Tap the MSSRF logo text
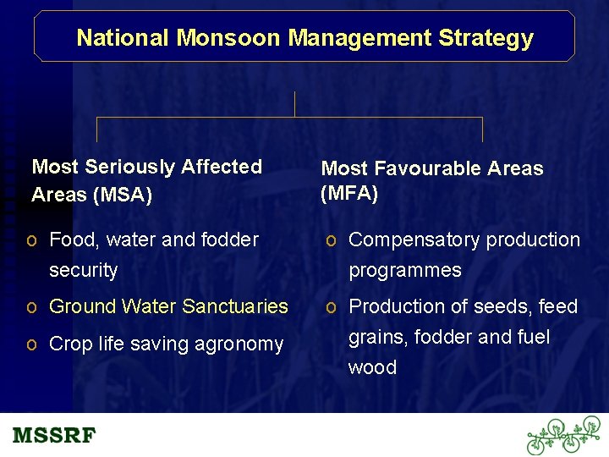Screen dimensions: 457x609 pos(55,437)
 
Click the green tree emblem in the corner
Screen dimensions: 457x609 pos(563,435)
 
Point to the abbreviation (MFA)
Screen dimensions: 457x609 pos(349,193)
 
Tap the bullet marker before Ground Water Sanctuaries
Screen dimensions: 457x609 pos(31,306)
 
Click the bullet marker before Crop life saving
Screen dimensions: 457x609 pos(31,344)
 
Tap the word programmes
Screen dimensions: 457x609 pos(405,271)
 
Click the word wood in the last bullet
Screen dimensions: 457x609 pos(372,367)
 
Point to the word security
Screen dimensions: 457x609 pos(83,271)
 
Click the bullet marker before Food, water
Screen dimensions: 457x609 pos(31,240)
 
